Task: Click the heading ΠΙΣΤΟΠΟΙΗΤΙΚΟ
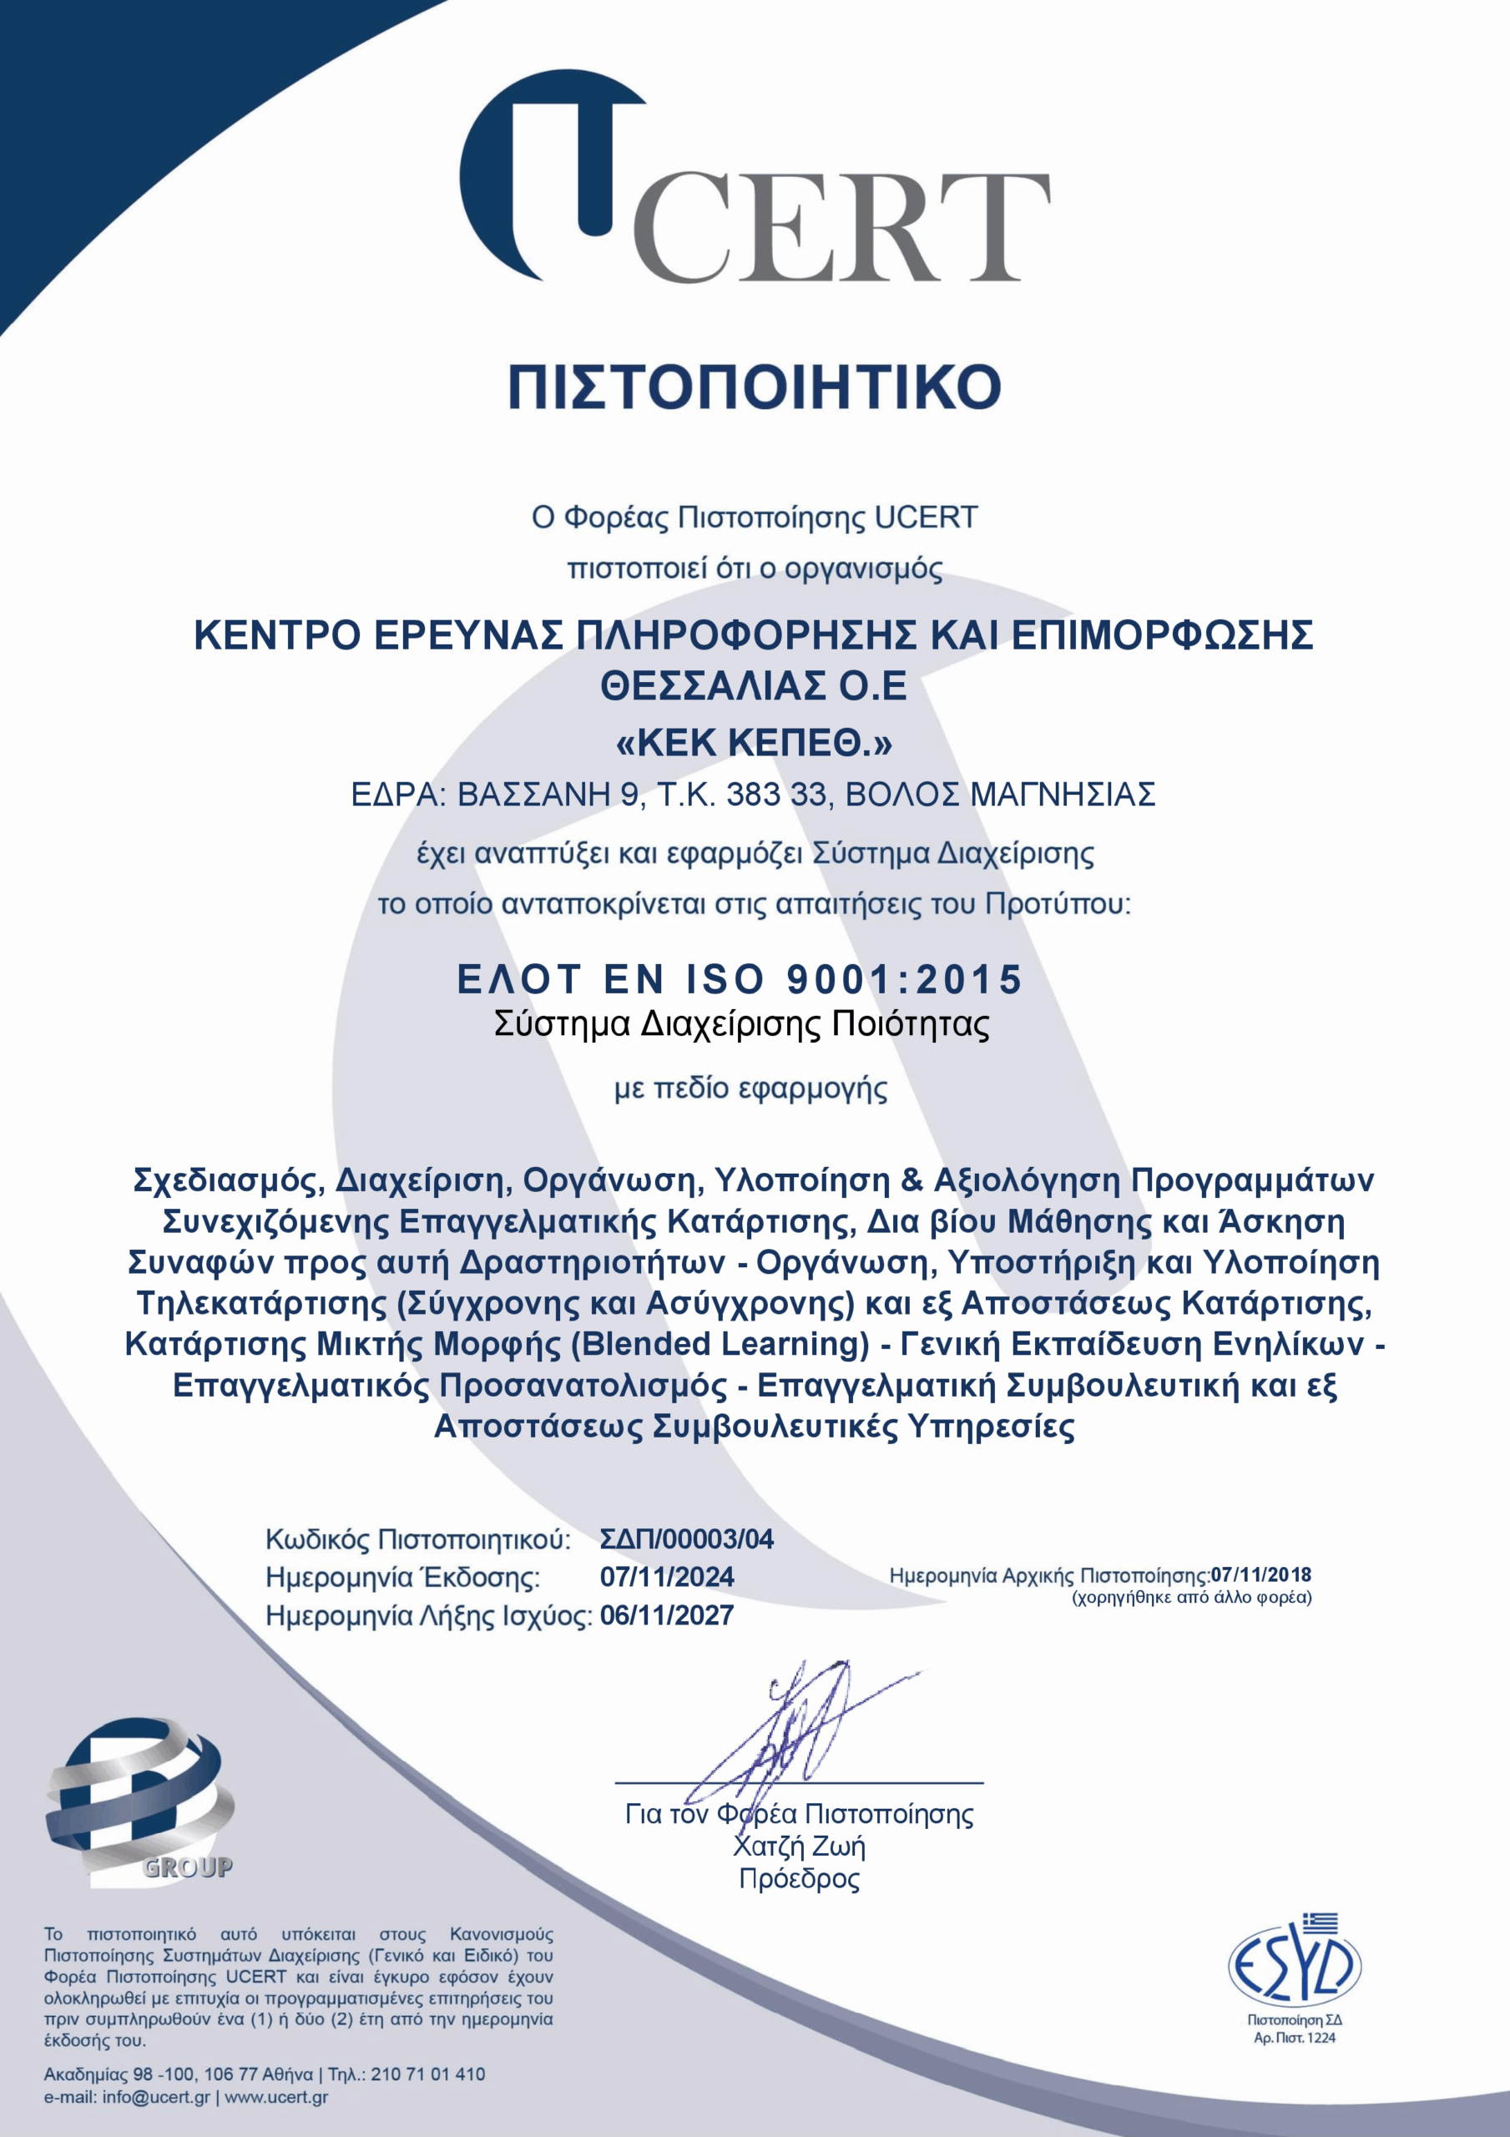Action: [754, 386]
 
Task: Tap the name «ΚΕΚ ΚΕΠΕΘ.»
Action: [754, 743]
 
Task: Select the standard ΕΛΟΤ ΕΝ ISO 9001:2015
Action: [740, 979]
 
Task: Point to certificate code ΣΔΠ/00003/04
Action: [686, 1538]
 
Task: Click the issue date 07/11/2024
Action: [667, 1577]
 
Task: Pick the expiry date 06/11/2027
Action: [667, 1614]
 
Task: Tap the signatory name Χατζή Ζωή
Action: [799, 1846]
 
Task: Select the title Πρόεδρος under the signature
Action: [799, 1878]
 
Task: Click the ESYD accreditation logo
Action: [1294, 1968]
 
